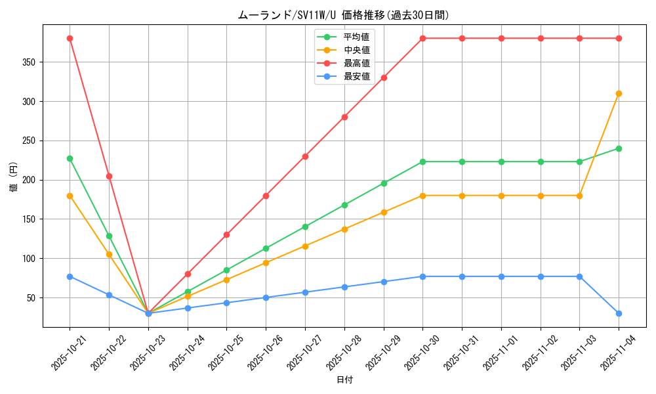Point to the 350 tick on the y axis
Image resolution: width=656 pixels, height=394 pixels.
(x=30, y=62)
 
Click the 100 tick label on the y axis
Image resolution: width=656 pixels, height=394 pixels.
(x=30, y=259)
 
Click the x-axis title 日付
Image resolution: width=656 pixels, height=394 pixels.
(x=344, y=380)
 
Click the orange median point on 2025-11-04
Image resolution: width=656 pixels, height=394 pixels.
(x=619, y=93)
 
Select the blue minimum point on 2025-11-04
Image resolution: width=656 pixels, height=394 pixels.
(x=619, y=313)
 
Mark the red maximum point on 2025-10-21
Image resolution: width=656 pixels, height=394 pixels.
(x=70, y=38)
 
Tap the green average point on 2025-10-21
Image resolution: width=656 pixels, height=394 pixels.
(x=70, y=158)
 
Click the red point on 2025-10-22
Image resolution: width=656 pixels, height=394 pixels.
(x=109, y=176)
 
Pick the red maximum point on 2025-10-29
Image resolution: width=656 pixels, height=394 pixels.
(x=384, y=77)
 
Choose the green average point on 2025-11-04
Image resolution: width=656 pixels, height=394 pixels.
(x=619, y=148)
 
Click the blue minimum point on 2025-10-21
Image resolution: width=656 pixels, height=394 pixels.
(x=70, y=276)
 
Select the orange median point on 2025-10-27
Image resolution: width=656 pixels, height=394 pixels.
(x=305, y=246)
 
